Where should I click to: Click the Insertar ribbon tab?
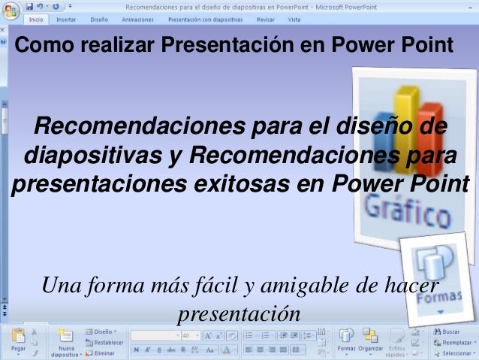[x=66, y=20]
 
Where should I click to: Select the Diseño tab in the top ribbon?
[x=98, y=20]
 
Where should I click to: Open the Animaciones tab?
[x=137, y=20]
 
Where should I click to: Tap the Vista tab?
[x=294, y=20]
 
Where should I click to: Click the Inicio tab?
[x=35, y=20]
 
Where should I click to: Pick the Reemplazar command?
[x=456, y=342]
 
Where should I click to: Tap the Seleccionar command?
[x=456, y=352]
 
